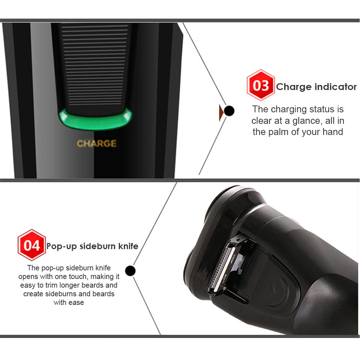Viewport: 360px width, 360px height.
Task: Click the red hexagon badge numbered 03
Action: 261,85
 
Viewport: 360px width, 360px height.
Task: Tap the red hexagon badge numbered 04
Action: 32,245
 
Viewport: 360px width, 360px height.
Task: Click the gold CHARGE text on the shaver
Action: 96,144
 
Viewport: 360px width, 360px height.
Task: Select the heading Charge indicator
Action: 316,87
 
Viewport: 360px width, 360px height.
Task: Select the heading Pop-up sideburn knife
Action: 92,246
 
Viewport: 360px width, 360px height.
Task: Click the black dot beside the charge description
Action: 229,111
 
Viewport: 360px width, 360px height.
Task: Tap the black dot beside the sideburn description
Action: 130,270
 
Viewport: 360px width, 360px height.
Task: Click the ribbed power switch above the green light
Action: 94,65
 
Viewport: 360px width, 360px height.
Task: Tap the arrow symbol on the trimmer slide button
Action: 272,288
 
